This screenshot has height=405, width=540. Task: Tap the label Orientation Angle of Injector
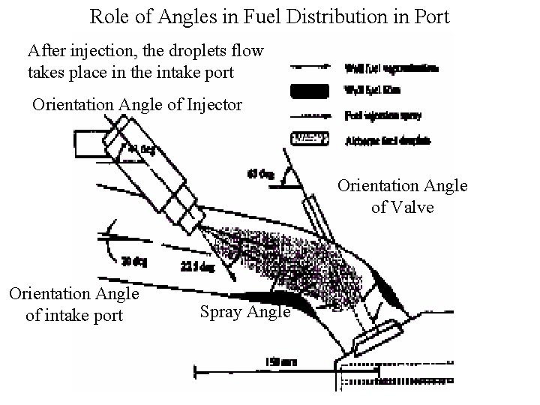pos(137,104)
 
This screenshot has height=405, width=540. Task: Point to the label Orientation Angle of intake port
pos(73,304)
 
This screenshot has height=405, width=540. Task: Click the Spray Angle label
pos(245,311)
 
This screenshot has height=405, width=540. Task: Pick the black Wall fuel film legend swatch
pos(308,92)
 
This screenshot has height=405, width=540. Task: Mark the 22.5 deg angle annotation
pos(197,266)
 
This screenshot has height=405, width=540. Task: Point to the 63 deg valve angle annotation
pos(260,176)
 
